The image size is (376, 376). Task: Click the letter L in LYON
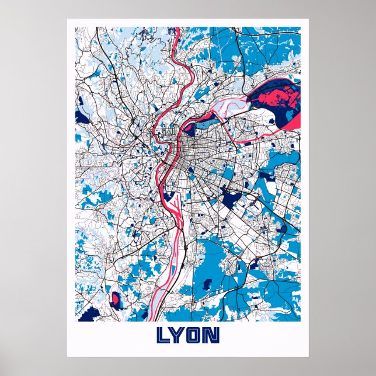(x=163, y=335)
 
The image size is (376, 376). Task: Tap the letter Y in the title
(x=180, y=335)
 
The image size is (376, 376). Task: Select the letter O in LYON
(x=196, y=335)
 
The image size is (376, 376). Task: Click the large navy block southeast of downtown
(x=231, y=200)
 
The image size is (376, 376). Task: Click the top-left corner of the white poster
(x=68, y=20)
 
